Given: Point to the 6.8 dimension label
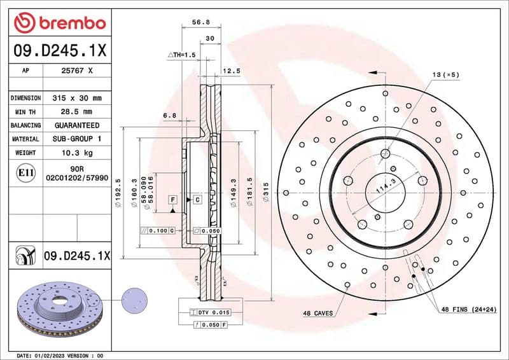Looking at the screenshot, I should click(x=169, y=115).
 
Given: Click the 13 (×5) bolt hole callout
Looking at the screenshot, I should click(x=445, y=75).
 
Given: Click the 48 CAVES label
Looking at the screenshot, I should click(x=317, y=314).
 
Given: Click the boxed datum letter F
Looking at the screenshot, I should click(x=172, y=200).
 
